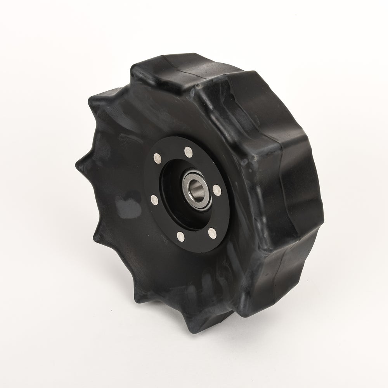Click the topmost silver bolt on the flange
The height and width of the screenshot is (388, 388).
[189, 151]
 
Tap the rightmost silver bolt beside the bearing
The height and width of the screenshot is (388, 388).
[217, 189]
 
